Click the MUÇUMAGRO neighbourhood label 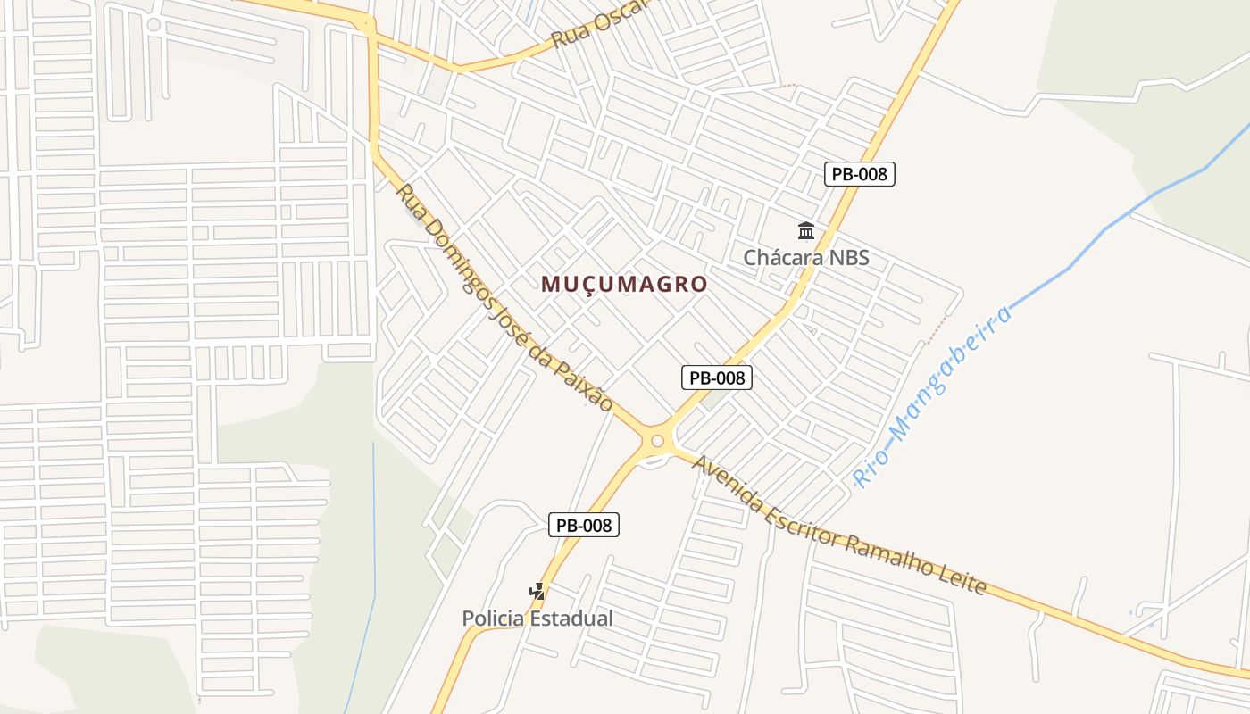pos(624,285)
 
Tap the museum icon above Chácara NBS pos(806,232)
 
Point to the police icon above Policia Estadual pos(537,591)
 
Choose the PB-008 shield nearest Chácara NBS pos(859,174)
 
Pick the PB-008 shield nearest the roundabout pos(717,378)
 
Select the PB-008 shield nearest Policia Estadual pos(583,525)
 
